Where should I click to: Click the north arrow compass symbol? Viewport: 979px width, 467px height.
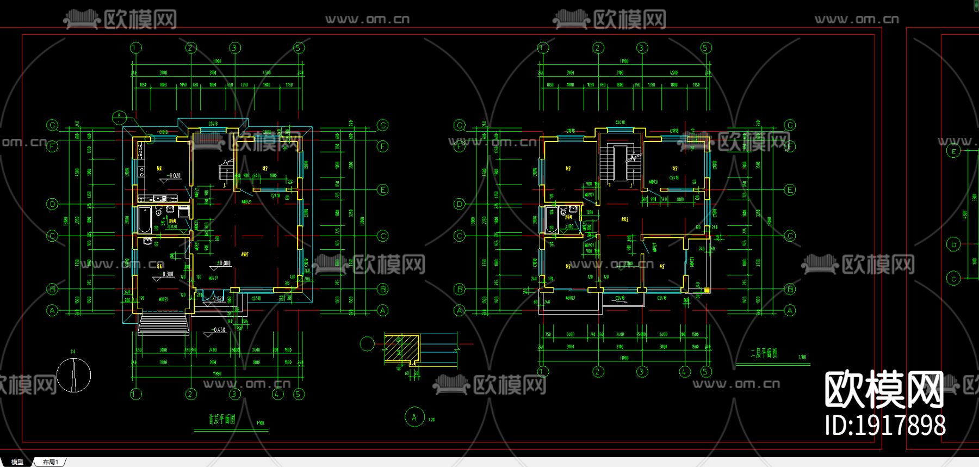click(x=73, y=375)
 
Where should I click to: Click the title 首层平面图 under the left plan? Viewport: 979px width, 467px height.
click(x=222, y=420)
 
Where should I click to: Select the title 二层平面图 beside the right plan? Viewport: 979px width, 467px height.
click(x=763, y=353)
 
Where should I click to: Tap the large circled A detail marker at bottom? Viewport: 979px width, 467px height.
click(x=414, y=417)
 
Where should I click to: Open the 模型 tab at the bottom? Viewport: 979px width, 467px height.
click(x=17, y=462)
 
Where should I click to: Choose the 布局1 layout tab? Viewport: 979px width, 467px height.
click(x=50, y=462)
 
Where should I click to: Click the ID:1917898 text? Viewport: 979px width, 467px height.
click(x=885, y=425)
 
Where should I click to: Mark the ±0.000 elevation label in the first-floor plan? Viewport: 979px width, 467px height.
click(x=224, y=263)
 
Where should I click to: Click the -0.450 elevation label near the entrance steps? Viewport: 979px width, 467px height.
click(x=219, y=330)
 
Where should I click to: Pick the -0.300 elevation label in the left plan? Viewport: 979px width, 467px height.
click(x=167, y=274)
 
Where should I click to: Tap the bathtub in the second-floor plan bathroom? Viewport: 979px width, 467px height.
click(x=551, y=220)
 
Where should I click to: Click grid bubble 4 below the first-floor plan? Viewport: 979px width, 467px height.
click(x=277, y=394)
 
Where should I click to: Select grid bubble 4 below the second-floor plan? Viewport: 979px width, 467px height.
click(x=685, y=372)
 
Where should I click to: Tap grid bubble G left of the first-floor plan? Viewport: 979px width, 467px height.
click(x=53, y=126)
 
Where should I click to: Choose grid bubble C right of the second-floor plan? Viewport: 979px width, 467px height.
click(x=790, y=236)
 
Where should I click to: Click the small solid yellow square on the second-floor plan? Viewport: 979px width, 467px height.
click(x=707, y=290)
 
